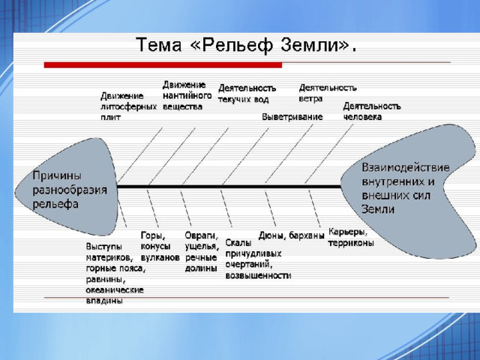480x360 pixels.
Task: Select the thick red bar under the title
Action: click(163, 65)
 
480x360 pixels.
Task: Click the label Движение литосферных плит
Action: click(128, 106)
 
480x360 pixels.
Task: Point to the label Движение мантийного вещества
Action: click(187, 95)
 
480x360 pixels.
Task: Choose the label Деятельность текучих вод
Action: click(247, 94)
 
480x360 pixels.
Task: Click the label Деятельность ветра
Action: click(328, 93)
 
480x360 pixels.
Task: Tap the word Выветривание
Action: click(292, 117)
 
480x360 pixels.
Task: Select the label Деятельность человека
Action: click(372, 112)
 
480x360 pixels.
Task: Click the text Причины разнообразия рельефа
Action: click(70, 190)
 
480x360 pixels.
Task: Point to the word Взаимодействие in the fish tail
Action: click(406, 167)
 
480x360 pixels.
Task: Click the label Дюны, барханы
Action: click(291, 235)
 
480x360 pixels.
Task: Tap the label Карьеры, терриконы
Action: click(351, 237)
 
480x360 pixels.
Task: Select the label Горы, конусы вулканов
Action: click(160, 247)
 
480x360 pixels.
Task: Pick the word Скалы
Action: click(238, 242)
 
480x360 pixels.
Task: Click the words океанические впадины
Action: click(115, 295)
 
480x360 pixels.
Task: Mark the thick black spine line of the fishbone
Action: click(229, 186)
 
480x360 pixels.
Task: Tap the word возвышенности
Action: click(258, 275)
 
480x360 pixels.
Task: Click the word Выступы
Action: click(103, 247)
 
